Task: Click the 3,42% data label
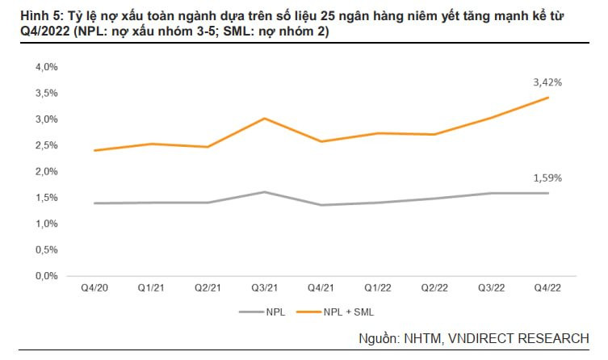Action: pyautogui.click(x=547, y=82)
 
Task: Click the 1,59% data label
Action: pyautogui.click(x=547, y=178)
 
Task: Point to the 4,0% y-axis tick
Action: pyautogui.click(x=47, y=67)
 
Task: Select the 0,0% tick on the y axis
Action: pyautogui.click(x=47, y=276)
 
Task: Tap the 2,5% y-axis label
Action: pyautogui.click(x=47, y=145)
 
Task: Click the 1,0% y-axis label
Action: pyautogui.click(x=47, y=224)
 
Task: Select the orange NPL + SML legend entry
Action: pyautogui.click(x=339, y=311)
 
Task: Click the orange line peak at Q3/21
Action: pyautogui.click(x=265, y=119)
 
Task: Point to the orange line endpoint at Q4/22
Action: pyautogui.click(x=549, y=98)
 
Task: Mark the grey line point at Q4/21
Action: pyautogui.click(x=322, y=205)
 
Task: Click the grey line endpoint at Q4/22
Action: pyautogui.click(x=549, y=193)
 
